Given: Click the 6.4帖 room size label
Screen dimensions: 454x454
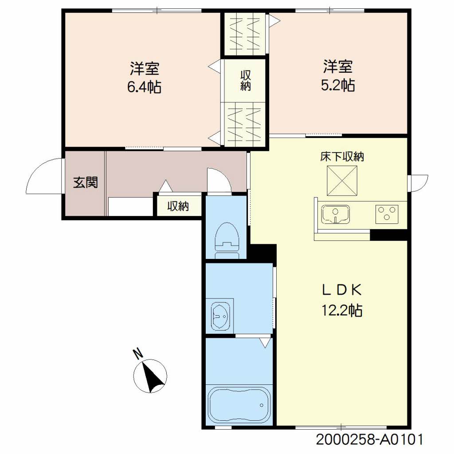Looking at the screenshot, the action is [x=144, y=86].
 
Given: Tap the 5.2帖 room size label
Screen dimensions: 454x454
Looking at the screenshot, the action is [x=338, y=85].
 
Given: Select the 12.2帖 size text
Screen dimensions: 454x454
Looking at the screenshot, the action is [x=342, y=310].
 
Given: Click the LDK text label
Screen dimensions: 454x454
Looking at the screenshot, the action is [x=342, y=290].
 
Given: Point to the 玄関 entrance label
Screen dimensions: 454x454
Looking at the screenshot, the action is [x=86, y=182].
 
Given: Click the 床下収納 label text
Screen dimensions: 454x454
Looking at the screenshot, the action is [x=342, y=157].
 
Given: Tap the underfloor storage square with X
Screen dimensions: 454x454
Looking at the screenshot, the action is [x=342, y=181].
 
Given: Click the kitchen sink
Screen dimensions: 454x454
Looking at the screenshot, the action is [x=335, y=214].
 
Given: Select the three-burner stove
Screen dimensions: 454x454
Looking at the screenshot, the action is [x=387, y=214].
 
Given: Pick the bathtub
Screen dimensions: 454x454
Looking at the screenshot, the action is [x=239, y=405].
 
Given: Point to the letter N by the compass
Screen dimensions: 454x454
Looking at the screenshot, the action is [x=138, y=353].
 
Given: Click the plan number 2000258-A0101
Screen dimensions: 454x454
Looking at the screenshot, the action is [x=369, y=439].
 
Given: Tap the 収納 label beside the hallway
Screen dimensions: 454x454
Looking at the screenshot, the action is [x=178, y=206].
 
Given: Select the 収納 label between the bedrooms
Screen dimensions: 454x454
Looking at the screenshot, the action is [x=245, y=81].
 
